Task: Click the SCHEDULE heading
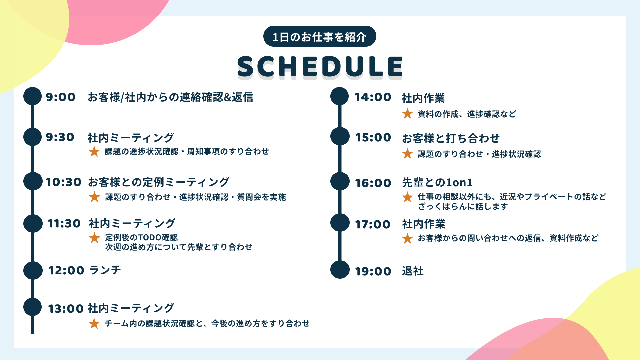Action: pos(320,66)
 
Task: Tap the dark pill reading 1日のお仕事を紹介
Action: pos(320,36)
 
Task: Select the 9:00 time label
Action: pos(61,97)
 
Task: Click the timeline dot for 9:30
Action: pos(33,137)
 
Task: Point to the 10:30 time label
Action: pos(63,182)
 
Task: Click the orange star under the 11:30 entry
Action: pos(94,238)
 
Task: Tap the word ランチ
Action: pos(105,270)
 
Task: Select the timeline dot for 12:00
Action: pos(33,270)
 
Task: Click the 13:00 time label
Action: pos(65,309)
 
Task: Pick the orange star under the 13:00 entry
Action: pos(94,323)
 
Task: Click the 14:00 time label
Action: pos(373,97)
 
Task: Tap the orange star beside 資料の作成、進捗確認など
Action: pos(407,114)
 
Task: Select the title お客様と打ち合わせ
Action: pos(451,138)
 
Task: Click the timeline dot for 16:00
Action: pos(340,182)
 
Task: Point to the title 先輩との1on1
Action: pos(437,182)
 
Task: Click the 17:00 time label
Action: pos(373,224)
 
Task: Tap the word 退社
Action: pos(413,271)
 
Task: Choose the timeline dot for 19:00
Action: pos(340,270)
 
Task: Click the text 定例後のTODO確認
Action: pos(141,237)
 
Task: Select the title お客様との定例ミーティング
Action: pos(158,182)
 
